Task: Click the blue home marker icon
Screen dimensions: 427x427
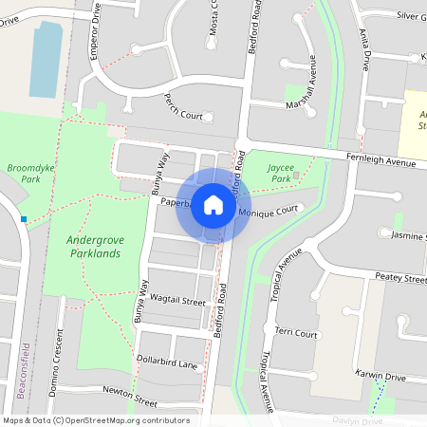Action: coord(213,204)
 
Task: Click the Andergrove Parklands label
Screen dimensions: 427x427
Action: coord(94,246)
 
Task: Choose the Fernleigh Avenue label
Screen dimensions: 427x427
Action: coord(381,162)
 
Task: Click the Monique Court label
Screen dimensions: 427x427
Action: coord(274,213)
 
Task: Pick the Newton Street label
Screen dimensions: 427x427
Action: coord(130,391)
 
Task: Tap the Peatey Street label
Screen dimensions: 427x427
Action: coord(400,278)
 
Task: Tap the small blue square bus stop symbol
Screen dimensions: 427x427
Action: coord(23,219)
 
